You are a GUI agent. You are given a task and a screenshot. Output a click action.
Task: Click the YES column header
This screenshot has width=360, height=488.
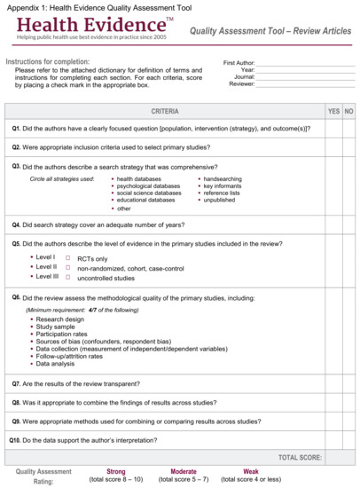[333, 111]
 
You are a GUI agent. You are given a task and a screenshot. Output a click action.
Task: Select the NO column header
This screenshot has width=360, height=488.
[349, 111]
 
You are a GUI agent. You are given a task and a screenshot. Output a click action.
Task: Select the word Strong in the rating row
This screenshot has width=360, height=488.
[115, 471]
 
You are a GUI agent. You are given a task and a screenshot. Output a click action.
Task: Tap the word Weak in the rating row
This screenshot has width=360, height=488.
[251, 471]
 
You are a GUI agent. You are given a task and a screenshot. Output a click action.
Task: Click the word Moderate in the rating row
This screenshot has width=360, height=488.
[184, 471]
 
